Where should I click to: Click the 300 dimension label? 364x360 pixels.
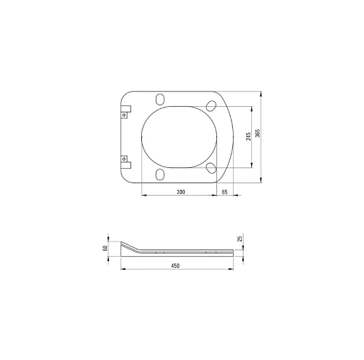tap(181, 192)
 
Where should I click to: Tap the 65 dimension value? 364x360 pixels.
tap(225, 192)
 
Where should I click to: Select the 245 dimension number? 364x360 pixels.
tap(248, 137)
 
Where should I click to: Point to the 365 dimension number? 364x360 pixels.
tap(258, 133)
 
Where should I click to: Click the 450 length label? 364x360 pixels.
tap(175, 265)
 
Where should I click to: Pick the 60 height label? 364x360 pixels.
tap(105, 249)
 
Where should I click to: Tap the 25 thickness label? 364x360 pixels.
tap(240, 239)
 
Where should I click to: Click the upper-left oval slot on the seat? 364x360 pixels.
tap(160, 99)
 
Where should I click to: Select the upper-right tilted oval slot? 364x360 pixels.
tap(211, 105)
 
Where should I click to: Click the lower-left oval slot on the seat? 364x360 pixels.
tap(160, 175)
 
